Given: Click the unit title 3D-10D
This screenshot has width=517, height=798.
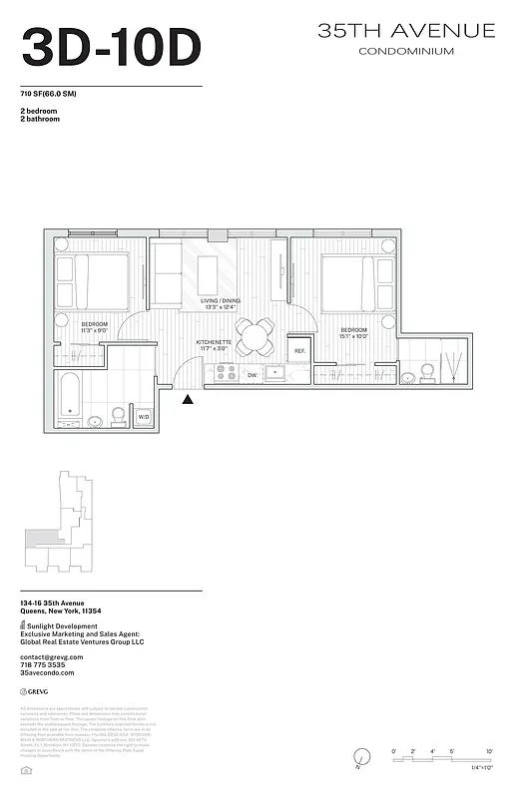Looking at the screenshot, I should click(111, 46).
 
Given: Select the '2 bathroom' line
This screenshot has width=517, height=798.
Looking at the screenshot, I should click(40, 119).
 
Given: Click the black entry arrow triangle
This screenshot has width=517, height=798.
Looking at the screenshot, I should click(188, 399).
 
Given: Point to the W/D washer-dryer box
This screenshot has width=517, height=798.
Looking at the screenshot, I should click(144, 417).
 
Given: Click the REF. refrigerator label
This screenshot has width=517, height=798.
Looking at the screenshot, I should click(299, 351).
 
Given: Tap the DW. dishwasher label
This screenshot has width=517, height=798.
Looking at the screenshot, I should click(253, 375).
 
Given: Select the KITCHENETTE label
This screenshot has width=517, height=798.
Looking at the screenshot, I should click(215, 342).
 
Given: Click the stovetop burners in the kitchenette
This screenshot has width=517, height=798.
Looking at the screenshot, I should click(226, 374).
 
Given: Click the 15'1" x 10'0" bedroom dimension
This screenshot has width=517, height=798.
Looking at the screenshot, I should click(353, 336).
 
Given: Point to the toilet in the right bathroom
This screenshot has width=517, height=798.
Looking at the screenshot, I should click(426, 371).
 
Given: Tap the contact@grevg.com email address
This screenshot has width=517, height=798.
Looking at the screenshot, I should click(52, 656).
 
